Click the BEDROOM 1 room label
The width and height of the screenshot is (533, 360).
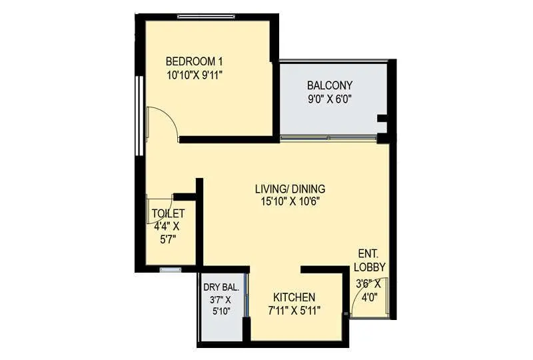point(194,62)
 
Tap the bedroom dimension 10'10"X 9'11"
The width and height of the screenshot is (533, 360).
point(194,75)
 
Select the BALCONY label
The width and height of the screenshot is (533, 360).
point(330,85)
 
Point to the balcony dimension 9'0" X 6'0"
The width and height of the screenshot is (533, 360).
point(330,99)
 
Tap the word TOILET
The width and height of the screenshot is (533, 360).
point(168,213)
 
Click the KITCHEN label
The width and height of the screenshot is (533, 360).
point(294,297)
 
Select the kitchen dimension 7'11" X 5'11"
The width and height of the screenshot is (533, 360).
point(294,310)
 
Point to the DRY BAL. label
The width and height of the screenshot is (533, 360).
point(222,287)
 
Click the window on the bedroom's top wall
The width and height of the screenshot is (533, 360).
point(209,16)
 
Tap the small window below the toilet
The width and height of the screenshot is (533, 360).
point(170,270)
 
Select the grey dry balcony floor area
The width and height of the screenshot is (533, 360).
point(222,327)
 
